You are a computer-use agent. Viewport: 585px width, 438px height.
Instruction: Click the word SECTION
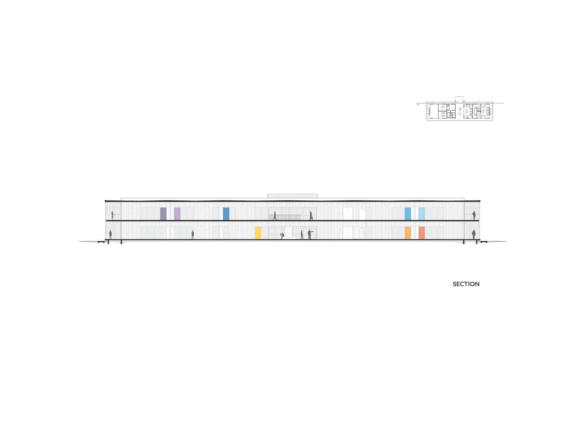coord(466,284)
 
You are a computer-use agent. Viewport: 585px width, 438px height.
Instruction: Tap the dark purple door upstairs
coord(163,214)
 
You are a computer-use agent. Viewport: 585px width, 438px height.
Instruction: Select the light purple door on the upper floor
coord(177,214)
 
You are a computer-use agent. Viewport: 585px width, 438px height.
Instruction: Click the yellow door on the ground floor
coord(258,233)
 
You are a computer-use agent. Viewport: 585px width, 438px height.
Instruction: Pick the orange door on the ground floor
coord(408,233)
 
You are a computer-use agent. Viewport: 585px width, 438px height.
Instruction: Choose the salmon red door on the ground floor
coord(422,233)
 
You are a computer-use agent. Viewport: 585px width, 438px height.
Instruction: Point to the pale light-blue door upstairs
coord(422,214)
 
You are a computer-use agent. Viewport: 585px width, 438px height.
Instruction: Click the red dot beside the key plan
coord(418,104)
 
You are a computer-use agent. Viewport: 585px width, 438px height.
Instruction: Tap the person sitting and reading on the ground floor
coord(282,236)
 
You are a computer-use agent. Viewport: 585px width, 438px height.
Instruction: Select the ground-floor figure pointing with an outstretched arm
coord(310,235)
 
